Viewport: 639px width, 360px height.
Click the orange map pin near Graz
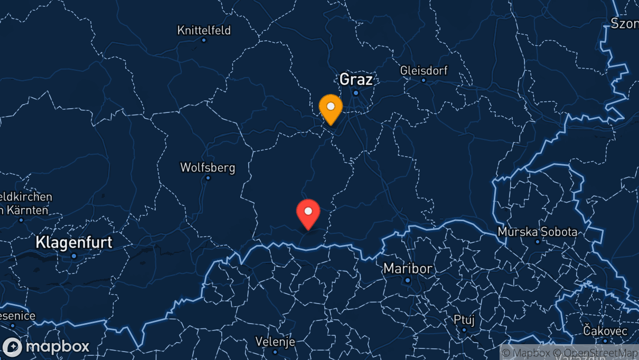click(331, 108)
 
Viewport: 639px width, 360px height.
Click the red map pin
click(308, 213)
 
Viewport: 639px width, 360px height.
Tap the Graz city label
click(356, 80)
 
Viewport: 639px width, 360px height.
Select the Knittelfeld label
click(204, 30)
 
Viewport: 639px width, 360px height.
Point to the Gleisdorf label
click(424, 70)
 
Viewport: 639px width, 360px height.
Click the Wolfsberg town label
click(208, 168)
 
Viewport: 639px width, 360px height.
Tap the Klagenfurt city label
click(74, 243)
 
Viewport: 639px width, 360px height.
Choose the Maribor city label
click(408, 269)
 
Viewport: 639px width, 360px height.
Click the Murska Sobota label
click(538, 232)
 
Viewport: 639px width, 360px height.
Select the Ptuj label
click(464, 320)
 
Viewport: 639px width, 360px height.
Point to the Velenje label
click(275, 342)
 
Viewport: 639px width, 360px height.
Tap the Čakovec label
click(605, 331)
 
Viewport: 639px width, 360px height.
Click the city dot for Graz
click(356, 93)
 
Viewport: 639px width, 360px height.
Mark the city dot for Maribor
click(408, 280)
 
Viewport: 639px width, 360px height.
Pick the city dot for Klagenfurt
click(74, 256)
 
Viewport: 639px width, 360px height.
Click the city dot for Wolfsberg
click(208, 178)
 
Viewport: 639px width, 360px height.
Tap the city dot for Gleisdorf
click(423, 80)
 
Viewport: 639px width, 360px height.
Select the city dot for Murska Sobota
click(538, 242)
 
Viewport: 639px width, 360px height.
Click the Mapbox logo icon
click(12, 347)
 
